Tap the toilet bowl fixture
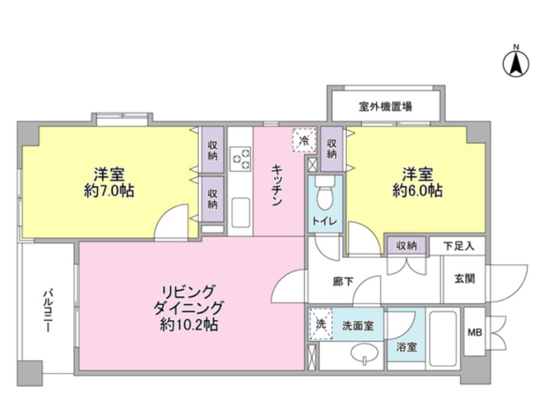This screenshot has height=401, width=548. point(325,194)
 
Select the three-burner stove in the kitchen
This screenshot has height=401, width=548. point(240,159)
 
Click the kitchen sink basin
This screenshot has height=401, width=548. point(240,212)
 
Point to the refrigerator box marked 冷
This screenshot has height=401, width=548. point(304,141)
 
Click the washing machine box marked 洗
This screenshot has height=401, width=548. point(321,324)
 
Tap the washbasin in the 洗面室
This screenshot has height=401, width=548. point(365,353)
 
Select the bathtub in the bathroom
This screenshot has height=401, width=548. point(443,339)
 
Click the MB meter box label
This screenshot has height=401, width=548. point(475,332)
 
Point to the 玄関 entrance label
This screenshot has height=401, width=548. point(464,279)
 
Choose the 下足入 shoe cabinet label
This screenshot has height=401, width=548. point(459,246)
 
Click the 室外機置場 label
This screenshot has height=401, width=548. point(385,106)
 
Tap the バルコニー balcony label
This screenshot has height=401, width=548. point(48,310)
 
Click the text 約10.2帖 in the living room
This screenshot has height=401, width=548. point(189,325)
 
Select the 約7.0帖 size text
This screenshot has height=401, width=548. point(109,191)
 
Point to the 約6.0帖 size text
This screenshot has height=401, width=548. point(418,191)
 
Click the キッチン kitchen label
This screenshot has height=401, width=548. point(277,185)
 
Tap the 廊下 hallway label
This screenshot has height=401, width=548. point(343,282)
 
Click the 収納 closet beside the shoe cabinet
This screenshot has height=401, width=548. point(406,246)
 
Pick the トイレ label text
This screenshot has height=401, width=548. point(325,221)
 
